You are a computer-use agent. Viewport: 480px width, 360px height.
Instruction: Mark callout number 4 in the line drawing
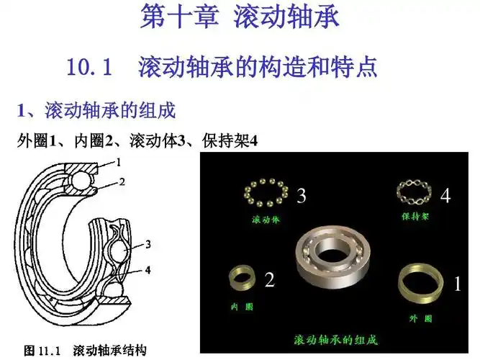148,271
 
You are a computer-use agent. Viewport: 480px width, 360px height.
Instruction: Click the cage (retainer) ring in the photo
415,191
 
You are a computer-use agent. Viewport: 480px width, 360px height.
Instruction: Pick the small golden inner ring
242,278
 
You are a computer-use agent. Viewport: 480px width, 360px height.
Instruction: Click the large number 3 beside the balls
302,195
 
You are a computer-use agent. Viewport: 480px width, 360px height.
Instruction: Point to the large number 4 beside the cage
445,195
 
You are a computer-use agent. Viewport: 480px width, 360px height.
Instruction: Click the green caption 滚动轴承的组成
335,338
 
